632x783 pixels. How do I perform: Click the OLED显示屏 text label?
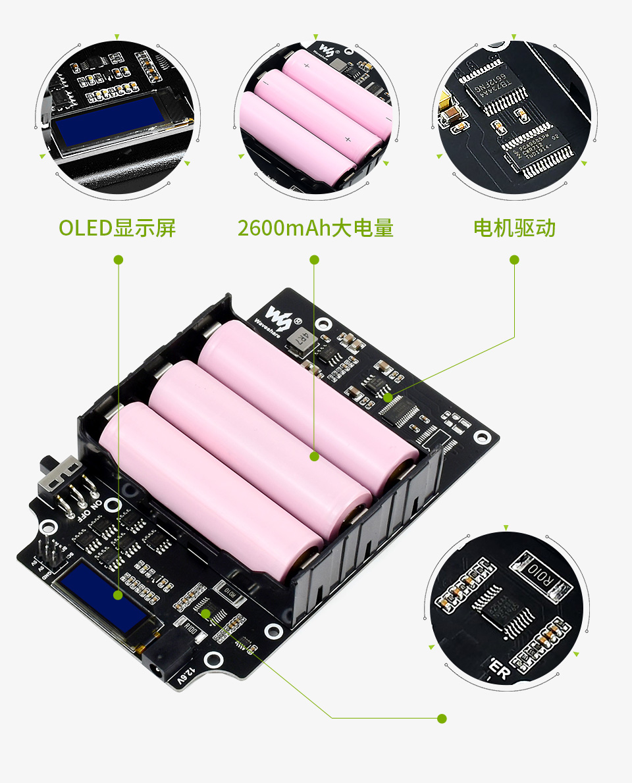(117, 228)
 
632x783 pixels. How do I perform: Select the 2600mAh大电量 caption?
(315, 228)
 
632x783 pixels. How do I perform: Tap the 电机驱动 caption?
(514, 228)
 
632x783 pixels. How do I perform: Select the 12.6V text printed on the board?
(187, 678)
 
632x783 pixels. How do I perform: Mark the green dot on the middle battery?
(315, 455)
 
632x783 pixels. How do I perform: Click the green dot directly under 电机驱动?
(514, 260)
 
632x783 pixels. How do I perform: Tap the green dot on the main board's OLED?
(118, 595)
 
